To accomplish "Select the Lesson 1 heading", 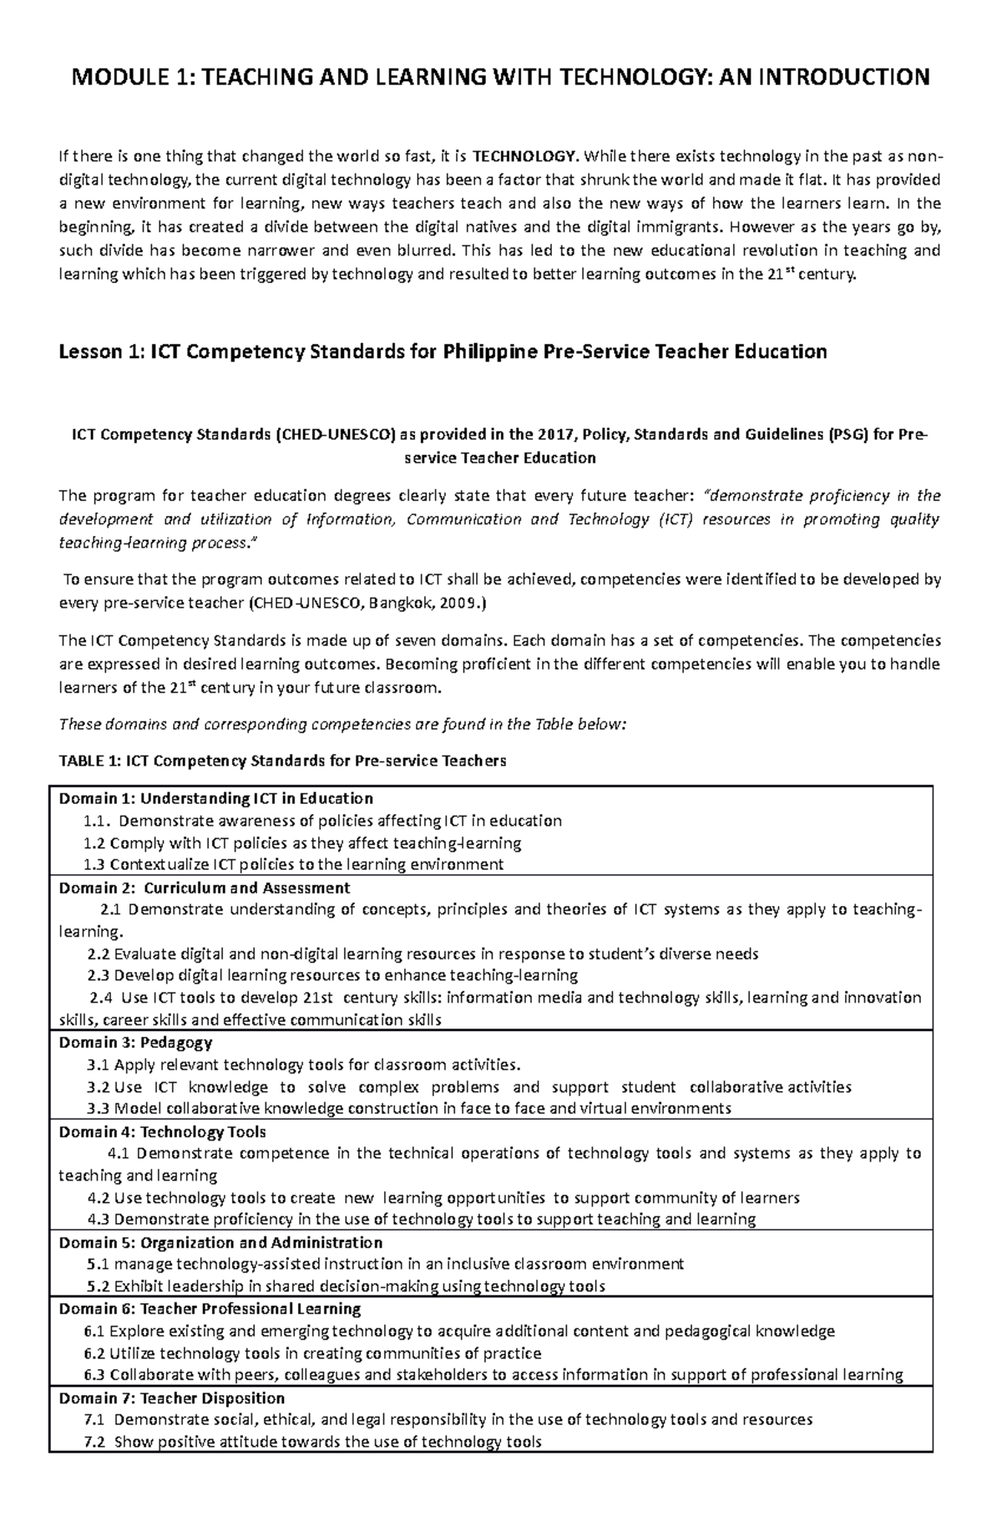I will pyautogui.click(x=443, y=351).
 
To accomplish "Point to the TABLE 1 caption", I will pyautogui.click(x=282, y=761).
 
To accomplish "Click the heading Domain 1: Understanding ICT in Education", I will pyautogui.click(x=215, y=798).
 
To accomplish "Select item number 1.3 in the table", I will pyautogui.click(x=95, y=865).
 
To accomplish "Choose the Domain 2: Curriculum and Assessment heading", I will pyautogui.click(x=205, y=887).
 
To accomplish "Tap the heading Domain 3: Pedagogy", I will pyautogui.click(x=135, y=1042).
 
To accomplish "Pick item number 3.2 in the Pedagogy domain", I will pyautogui.click(x=99, y=1087).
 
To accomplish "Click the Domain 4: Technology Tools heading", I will pyautogui.click(x=162, y=1132).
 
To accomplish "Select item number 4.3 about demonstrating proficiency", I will pyautogui.click(x=99, y=1219).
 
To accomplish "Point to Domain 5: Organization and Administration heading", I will pyautogui.click(x=220, y=1242).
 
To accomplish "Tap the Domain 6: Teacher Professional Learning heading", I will pyautogui.click(x=210, y=1308).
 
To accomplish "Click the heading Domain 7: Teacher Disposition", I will pyautogui.click(x=171, y=1398).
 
